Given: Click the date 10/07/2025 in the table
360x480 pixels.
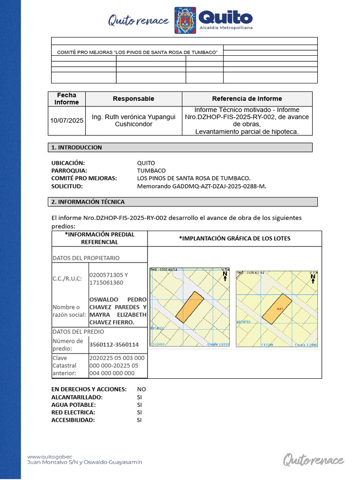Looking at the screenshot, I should coord(67,120).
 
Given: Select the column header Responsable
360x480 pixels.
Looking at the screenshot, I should coord(133,98).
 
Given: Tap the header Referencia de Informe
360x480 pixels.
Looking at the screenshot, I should coord(247,98).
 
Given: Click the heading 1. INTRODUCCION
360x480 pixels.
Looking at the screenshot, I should coord(76,147).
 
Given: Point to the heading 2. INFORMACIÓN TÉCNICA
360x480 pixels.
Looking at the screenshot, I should coord(88,202).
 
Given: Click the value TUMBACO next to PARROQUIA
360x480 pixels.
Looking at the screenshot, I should coord(151,171).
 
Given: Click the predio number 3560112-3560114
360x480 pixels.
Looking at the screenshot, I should coord(114,345).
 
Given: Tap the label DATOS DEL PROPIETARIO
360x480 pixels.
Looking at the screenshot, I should coord(86,258).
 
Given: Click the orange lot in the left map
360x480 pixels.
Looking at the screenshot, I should coord(190,307).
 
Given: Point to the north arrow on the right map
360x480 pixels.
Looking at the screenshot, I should coord(313,278).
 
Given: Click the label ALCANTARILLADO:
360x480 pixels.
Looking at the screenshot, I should coord(76,397).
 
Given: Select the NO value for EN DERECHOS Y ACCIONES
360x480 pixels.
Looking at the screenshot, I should coord(141,389).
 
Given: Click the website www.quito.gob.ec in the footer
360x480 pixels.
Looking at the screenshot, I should coord(50,456).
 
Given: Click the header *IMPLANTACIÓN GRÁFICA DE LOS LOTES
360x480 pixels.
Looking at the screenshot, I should coord(234,238).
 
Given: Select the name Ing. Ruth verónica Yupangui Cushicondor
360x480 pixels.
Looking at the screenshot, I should coord(133,120).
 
